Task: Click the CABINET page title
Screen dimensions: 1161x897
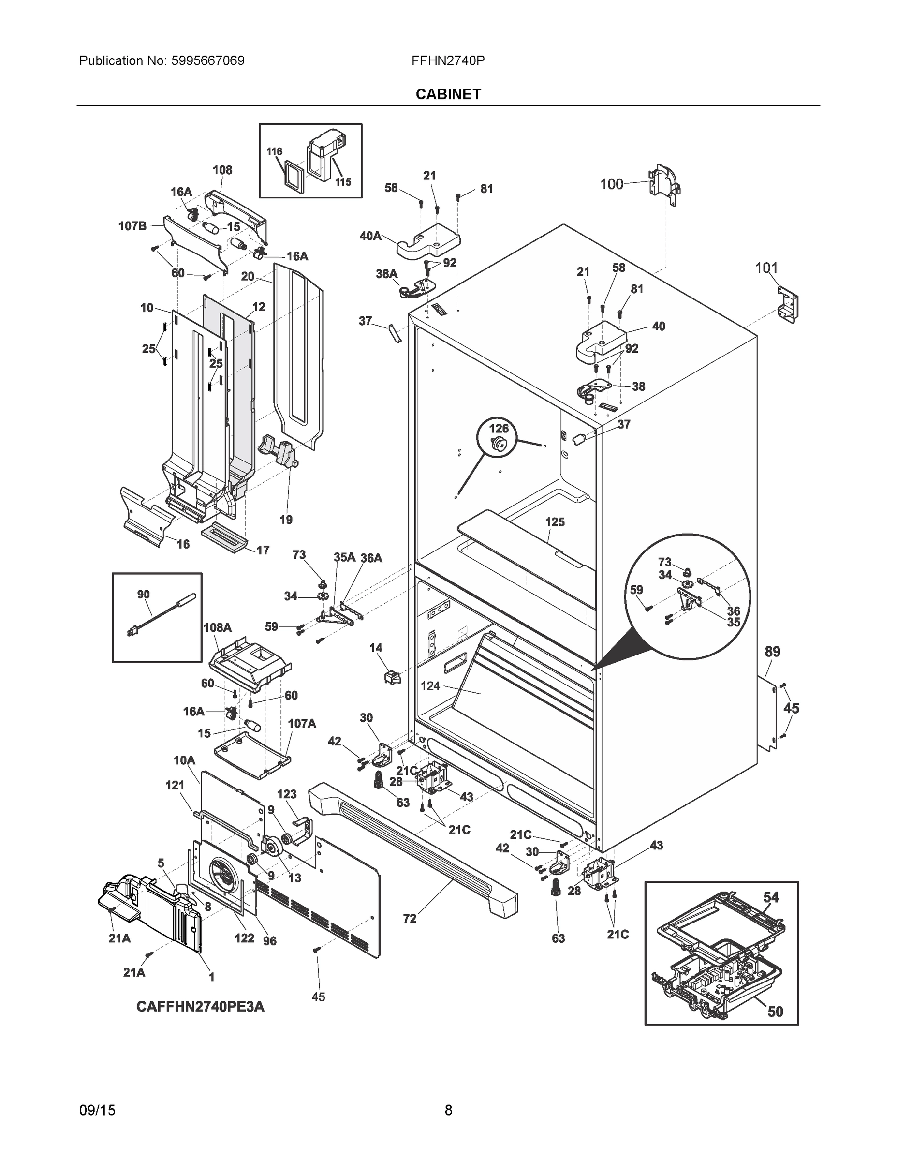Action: point(448,94)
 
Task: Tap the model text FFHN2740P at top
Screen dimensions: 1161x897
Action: point(447,60)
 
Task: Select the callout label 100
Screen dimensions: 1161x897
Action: point(611,184)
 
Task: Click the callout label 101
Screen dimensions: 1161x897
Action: point(766,268)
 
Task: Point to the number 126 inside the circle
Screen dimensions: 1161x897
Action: point(499,429)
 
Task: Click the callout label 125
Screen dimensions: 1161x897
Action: point(555,522)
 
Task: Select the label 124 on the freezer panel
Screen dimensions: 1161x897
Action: point(430,686)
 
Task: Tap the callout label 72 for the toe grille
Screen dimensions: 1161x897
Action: point(410,934)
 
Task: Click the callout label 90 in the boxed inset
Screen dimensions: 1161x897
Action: point(144,595)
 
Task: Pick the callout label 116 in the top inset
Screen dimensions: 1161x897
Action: point(274,151)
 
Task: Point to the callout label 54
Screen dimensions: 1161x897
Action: point(771,897)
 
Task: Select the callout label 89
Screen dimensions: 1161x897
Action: point(772,652)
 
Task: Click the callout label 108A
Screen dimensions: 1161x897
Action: point(217,627)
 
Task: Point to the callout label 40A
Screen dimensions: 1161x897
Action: point(370,236)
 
